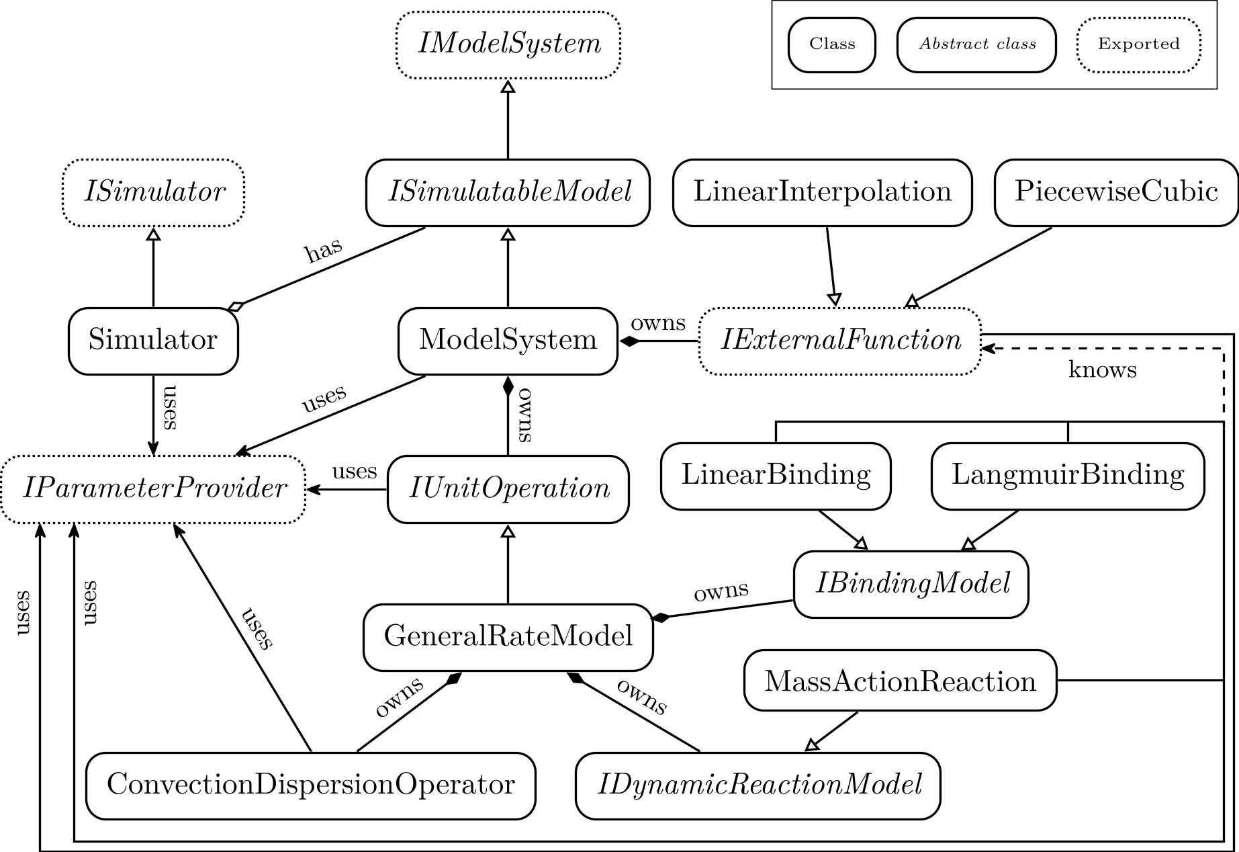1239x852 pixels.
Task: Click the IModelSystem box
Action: tap(508, 44)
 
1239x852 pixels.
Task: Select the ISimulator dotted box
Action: tap(153, 193)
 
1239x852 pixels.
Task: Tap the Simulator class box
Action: tap(153, 341)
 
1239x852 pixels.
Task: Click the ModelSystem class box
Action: tap(508, 341)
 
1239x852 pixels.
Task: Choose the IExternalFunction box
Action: tap(839, 341)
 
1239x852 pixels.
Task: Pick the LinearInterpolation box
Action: tap(822, 193)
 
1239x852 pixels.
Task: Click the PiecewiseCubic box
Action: tap(1115, 193)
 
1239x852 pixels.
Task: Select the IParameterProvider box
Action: tap(153, 488)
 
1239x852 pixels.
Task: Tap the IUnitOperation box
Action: tap(508, 489)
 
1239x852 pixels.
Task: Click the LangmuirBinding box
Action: tap(1067, 476)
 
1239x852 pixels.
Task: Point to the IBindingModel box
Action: tap(911, 584)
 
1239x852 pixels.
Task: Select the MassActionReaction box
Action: tap(900, 681)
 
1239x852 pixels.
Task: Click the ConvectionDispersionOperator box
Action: tap(310, 785)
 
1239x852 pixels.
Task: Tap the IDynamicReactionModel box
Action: tap(758, 785)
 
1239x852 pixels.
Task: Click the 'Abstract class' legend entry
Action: tap(976, 45)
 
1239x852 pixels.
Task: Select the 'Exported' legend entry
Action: tap(1138, 45)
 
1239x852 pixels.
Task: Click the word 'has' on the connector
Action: tap(323, 251)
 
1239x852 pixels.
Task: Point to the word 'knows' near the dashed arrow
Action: tap(1102, 370)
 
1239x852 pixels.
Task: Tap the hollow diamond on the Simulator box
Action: tap(234, 307)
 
